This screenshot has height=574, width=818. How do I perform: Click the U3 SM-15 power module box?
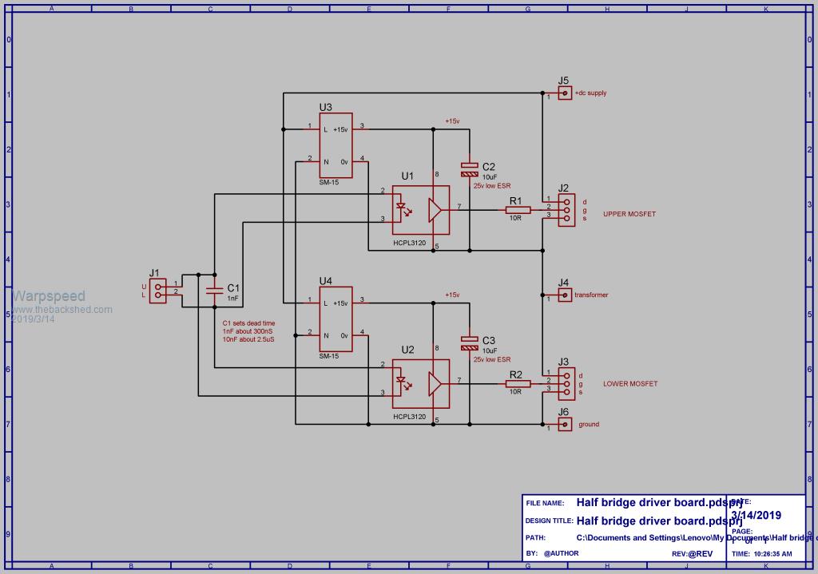336,144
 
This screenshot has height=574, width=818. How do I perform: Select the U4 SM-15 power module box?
336,319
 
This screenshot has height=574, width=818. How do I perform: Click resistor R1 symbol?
518,210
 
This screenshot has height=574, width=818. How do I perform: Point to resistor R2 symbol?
518,384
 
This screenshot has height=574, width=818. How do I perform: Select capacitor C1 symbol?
214,289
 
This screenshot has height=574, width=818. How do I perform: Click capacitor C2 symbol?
470,169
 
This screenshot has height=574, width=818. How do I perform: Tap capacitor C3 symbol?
470,343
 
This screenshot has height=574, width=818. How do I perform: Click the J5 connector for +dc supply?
565,93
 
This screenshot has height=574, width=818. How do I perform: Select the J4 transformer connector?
565,295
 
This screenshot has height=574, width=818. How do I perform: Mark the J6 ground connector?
565,425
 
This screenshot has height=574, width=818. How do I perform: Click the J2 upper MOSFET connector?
566,209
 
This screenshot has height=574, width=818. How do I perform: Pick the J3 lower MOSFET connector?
566,382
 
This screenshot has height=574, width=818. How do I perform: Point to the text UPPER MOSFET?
630,214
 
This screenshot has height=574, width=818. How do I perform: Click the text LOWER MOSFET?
630,384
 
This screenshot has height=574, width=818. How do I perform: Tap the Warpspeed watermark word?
48,297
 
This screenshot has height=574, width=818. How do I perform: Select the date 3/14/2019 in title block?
756,516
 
